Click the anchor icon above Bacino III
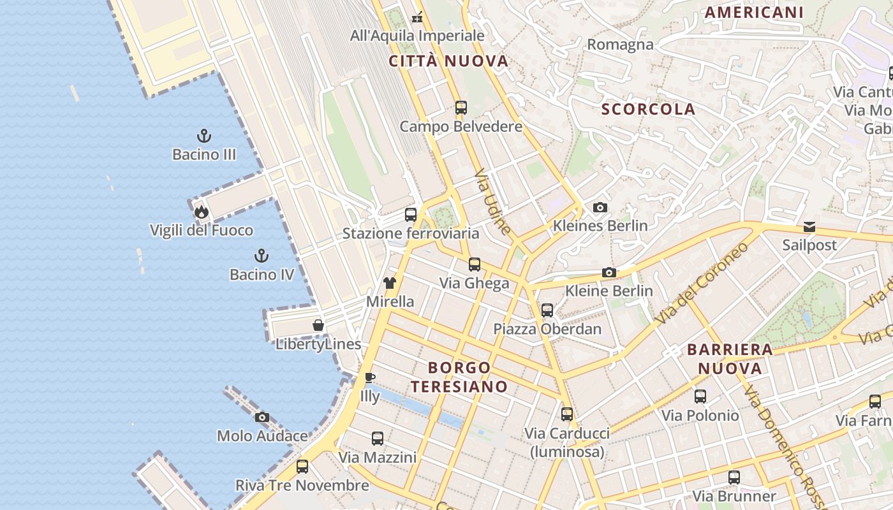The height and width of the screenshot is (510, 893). (204, 136)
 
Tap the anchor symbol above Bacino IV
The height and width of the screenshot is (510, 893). (262, 256)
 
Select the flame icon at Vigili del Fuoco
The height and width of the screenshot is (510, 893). (202, 212)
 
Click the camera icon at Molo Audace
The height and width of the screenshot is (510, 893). (262, 418)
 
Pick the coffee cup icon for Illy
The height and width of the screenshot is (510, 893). (369, 377)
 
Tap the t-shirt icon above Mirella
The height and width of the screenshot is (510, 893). (390, 283)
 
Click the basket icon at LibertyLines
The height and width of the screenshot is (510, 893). (318, 326)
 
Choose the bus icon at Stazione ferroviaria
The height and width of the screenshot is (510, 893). (411, 215)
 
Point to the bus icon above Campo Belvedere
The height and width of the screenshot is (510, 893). (461, 108)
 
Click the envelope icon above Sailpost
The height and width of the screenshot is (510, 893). (809, 226)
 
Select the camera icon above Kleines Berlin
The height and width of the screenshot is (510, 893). (600, 207)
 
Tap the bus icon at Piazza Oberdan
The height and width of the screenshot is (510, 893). (547, 310)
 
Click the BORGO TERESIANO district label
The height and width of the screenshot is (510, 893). (459, 377)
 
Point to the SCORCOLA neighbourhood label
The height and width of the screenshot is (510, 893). (648, 109)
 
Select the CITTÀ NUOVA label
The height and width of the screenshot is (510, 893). (448, 61)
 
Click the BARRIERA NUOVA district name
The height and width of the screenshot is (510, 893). (730, 359)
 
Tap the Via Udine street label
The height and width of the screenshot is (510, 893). (494, 201)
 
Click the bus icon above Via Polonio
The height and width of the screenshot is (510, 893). (700, 397)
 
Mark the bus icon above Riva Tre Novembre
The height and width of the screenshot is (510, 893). (302, 467)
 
